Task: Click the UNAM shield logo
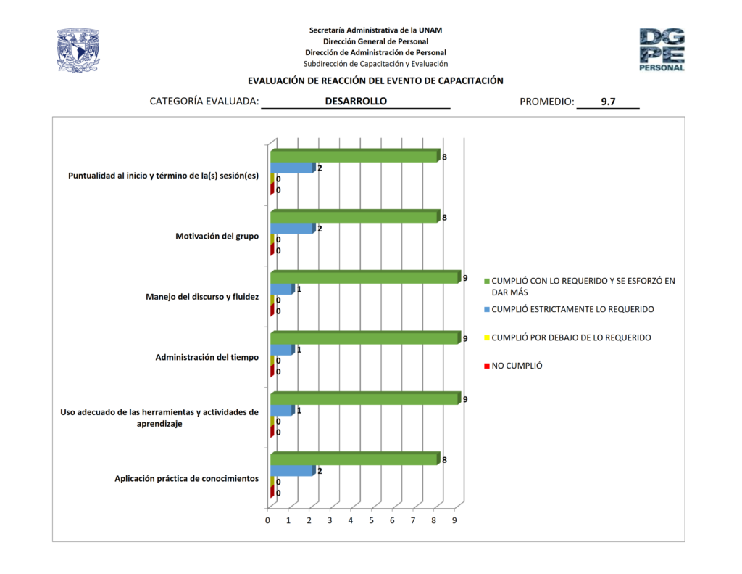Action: [x=78, y=50]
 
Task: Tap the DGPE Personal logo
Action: [x=661, y=49]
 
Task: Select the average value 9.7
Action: [x=608, y=102]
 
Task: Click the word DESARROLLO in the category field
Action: [x=356, y=102]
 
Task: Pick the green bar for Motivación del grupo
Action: [x=354, y=217]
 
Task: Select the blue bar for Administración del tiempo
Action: [x=282, y=350]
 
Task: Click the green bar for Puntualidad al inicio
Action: [x=354, y=156]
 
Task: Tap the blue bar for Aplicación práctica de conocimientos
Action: [x=292, y=471]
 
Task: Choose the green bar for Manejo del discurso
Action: [x=364, y=277]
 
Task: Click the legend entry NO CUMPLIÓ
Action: [x=517, y=366]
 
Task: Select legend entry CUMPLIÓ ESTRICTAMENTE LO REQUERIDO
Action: [x=572, y=309]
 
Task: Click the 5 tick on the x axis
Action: [x=371, y=520]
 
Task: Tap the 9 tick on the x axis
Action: [x=454, y=520]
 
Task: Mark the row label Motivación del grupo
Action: [x=217, y=236]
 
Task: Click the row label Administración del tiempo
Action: [x=207, y=357]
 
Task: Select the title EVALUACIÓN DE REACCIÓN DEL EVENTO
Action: [x=375, y=81]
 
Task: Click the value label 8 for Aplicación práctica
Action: [x=443, y=459]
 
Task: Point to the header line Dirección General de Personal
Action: [x=375, y=41]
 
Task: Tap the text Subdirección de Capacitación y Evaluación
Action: [x=375, y=64]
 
